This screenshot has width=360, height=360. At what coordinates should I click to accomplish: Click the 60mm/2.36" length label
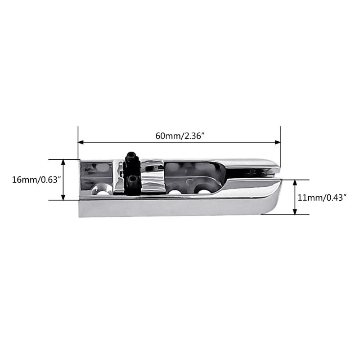(x=180, y=136)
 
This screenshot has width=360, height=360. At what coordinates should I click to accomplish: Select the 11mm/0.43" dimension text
(x=322, y=197)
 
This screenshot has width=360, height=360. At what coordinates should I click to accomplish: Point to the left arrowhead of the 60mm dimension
(x=81, y=142)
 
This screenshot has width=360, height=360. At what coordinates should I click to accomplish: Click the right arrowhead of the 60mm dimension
(x=278, y=142)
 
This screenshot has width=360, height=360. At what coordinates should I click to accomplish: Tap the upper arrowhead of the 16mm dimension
(x=63, y=162)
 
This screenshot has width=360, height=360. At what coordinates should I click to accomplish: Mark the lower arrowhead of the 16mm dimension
(x=63, y=197)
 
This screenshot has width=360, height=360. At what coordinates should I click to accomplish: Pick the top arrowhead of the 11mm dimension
(x=295, y=183)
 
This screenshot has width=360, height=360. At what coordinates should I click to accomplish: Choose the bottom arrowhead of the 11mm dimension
(x=295, y=212)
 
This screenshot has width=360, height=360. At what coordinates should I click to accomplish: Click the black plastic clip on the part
(x=132, y=173)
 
